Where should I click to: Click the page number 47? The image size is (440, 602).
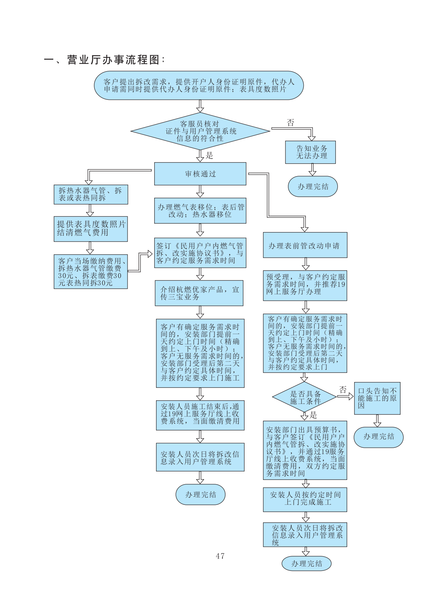(220, 556)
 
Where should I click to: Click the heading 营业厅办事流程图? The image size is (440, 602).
(105, 60)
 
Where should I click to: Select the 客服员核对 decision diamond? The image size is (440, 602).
(200, 131)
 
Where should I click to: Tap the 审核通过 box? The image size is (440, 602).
(200, 174)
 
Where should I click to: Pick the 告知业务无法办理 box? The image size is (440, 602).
(310, 152)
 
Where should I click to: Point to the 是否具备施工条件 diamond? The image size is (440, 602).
(304, 397)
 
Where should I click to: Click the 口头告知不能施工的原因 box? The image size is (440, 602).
(377, 398)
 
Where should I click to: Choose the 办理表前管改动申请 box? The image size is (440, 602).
(305, 245)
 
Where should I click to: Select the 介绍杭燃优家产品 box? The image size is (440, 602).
(199, 293)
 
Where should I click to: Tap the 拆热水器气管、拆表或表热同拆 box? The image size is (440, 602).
(91, 194)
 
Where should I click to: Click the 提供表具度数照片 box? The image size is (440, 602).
(91, 229)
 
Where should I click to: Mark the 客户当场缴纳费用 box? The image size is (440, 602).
(91, 272)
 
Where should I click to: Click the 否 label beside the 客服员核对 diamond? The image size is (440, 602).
(291, 123)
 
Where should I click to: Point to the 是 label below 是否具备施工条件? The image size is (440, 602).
(313, 415)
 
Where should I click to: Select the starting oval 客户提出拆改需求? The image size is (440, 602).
(199, 86)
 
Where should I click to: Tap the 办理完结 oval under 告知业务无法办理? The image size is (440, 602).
(312, 186)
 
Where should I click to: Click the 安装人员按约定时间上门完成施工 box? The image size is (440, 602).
(305, 499)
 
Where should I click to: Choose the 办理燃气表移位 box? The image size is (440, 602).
(200, 211)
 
